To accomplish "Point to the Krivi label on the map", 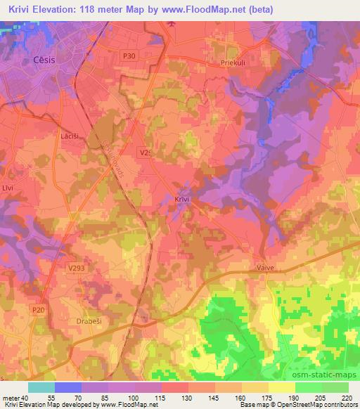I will coord(182,200).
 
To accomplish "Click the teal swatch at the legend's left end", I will coord(41,387).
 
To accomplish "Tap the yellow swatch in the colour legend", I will coord(282,387).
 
